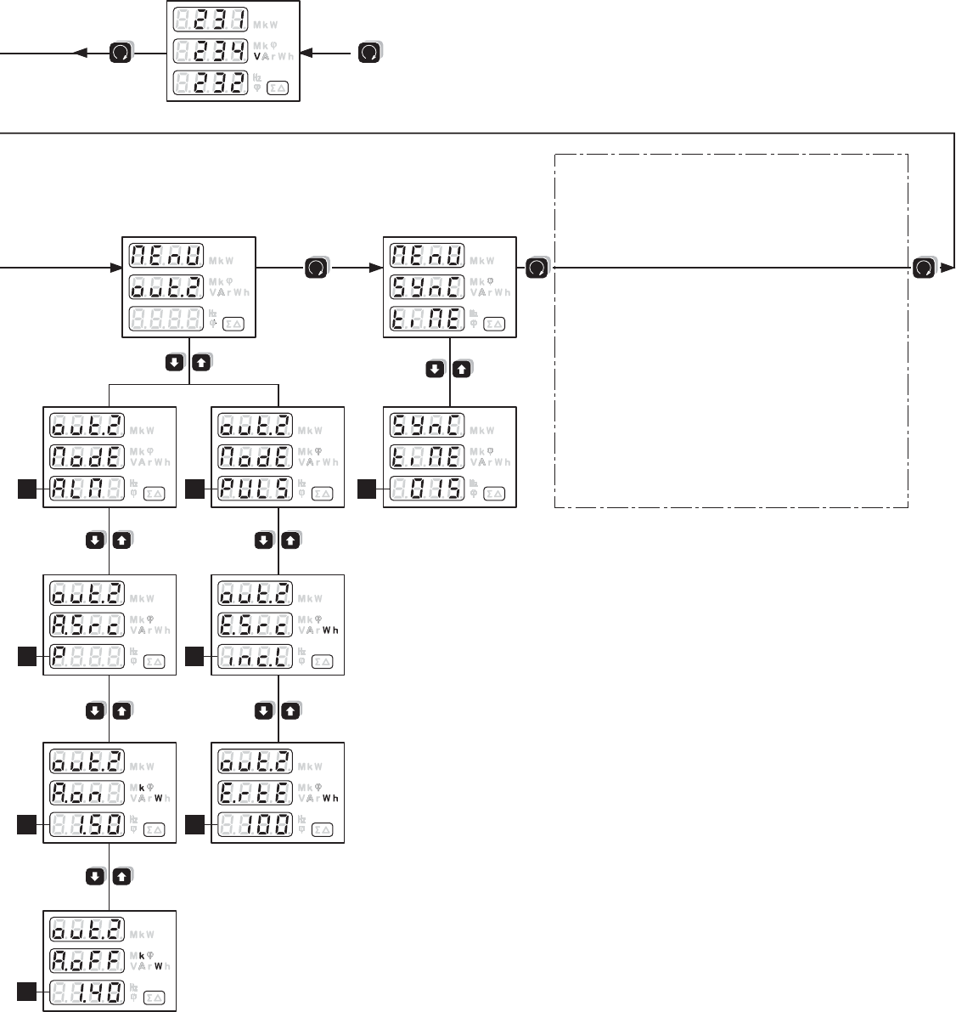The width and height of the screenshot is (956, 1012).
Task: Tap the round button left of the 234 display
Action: pos(121,54)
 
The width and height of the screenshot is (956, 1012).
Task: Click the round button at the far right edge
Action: pos(924,269)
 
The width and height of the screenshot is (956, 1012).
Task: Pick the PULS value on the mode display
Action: pos(252,489)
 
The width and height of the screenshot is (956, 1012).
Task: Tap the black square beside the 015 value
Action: pos(366,488)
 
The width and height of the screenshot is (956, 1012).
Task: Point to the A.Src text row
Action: pos(84,625)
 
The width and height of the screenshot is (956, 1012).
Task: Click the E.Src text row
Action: pos(252,625)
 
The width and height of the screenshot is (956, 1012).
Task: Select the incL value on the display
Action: pos(252,656)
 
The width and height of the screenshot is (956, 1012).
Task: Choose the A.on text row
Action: pos(84,792)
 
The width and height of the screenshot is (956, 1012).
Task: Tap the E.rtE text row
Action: pos(252,792)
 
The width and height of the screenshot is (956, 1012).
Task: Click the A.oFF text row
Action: pos(84,959)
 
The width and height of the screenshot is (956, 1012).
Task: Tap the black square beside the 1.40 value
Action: pos(26,991)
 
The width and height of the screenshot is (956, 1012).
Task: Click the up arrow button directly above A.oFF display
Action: pos(121,877)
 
